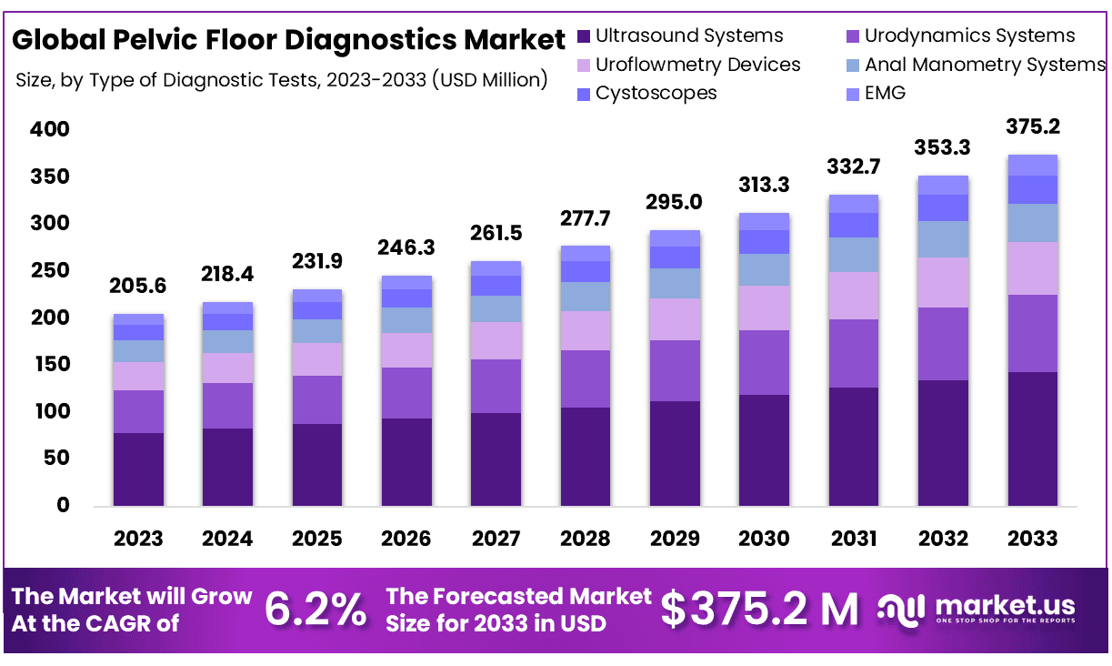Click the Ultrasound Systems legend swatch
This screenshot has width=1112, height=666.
pyautogui.click(x=584, y=36)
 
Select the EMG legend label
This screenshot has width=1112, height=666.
pyautogui.click(x=885, y=93)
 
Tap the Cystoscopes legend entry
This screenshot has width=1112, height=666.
pyautogui.click(x=656, y=93)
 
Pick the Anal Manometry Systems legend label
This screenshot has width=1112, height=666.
pyautogui.click(x=985, y=65)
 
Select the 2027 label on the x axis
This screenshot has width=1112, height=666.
pyautogui.click(x=495, y=539)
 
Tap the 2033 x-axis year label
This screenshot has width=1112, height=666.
pyautogui.click(x=1032, y=539)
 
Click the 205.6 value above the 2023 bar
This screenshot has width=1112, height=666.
pyautogui.click(x=138, y=286)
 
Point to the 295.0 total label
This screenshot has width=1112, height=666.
pyautogui.click(x=674, y=201)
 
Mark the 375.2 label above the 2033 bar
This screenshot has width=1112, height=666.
pyautogui.click(x=1032, y=126)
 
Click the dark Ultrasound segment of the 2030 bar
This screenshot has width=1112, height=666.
pyautogui.click(x=763, y=450)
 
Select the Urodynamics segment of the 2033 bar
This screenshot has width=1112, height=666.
pyautogui.click(x=1032, y=333)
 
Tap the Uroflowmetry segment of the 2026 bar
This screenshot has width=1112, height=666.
pyautogui.click(x=406, y=350)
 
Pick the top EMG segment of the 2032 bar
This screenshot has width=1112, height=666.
pyautogui.click(x=943, y=185)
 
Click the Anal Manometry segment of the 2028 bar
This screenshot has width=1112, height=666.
pyautogui.click(x=585, y=297)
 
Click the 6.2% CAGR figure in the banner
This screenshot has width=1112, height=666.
pyautogui.click(x=315, y=610)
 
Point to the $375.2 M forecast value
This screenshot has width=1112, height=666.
pyautogui.click(x=759, y=610)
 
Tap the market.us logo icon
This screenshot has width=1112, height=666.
pyautogui.click(x=902, y=610)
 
